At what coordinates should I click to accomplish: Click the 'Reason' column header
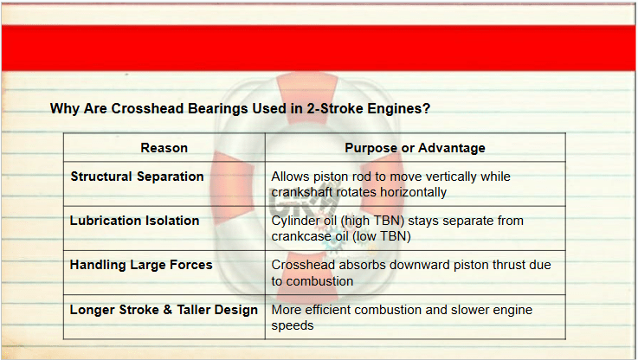tap(164, 148)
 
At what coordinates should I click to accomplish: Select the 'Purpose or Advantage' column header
tap(415, 148)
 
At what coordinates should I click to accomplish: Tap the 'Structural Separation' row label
tap(137, 177)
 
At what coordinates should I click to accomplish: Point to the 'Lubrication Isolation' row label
tap(135, 221)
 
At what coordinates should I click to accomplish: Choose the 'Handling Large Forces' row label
tap(141, 265)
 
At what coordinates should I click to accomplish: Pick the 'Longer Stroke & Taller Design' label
tap(164, 310)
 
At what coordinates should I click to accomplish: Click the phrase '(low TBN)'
tap(381, 236)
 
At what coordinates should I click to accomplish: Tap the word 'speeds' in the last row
tap(293, 326)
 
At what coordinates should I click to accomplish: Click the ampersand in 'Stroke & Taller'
tap(168, 310)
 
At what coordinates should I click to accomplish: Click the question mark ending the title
tap(427, 109)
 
